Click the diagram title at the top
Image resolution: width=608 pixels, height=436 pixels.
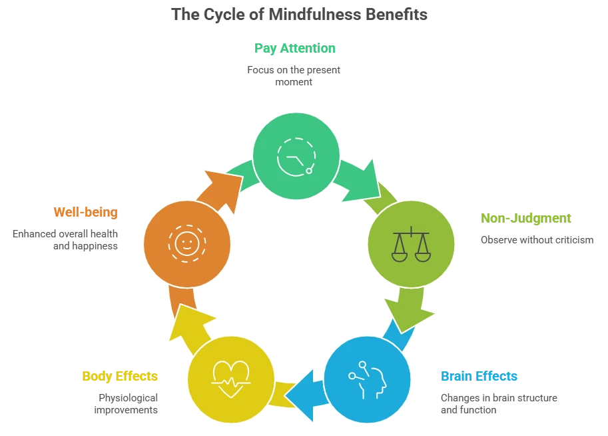click(300, 13)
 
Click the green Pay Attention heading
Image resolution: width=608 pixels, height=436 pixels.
click(293, 48)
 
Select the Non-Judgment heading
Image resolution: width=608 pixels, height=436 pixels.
click(526, 218)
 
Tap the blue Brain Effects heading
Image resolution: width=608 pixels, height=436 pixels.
click(478, 377)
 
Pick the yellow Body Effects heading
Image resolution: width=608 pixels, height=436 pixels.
click(120, 377)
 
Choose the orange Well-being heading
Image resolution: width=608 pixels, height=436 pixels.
click(87, 213)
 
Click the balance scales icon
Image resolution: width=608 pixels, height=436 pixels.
click(411, 244)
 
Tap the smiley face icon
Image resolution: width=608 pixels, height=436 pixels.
click(186, 243)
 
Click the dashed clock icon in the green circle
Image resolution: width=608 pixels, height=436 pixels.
click(296, 156)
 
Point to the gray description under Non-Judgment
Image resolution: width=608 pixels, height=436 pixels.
click(537, 239)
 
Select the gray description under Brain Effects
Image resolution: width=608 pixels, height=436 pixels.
click(497, 404)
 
